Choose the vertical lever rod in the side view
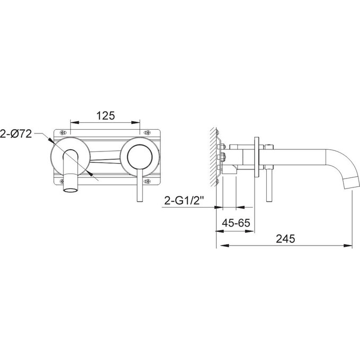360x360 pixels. click(x=268, y=185)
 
